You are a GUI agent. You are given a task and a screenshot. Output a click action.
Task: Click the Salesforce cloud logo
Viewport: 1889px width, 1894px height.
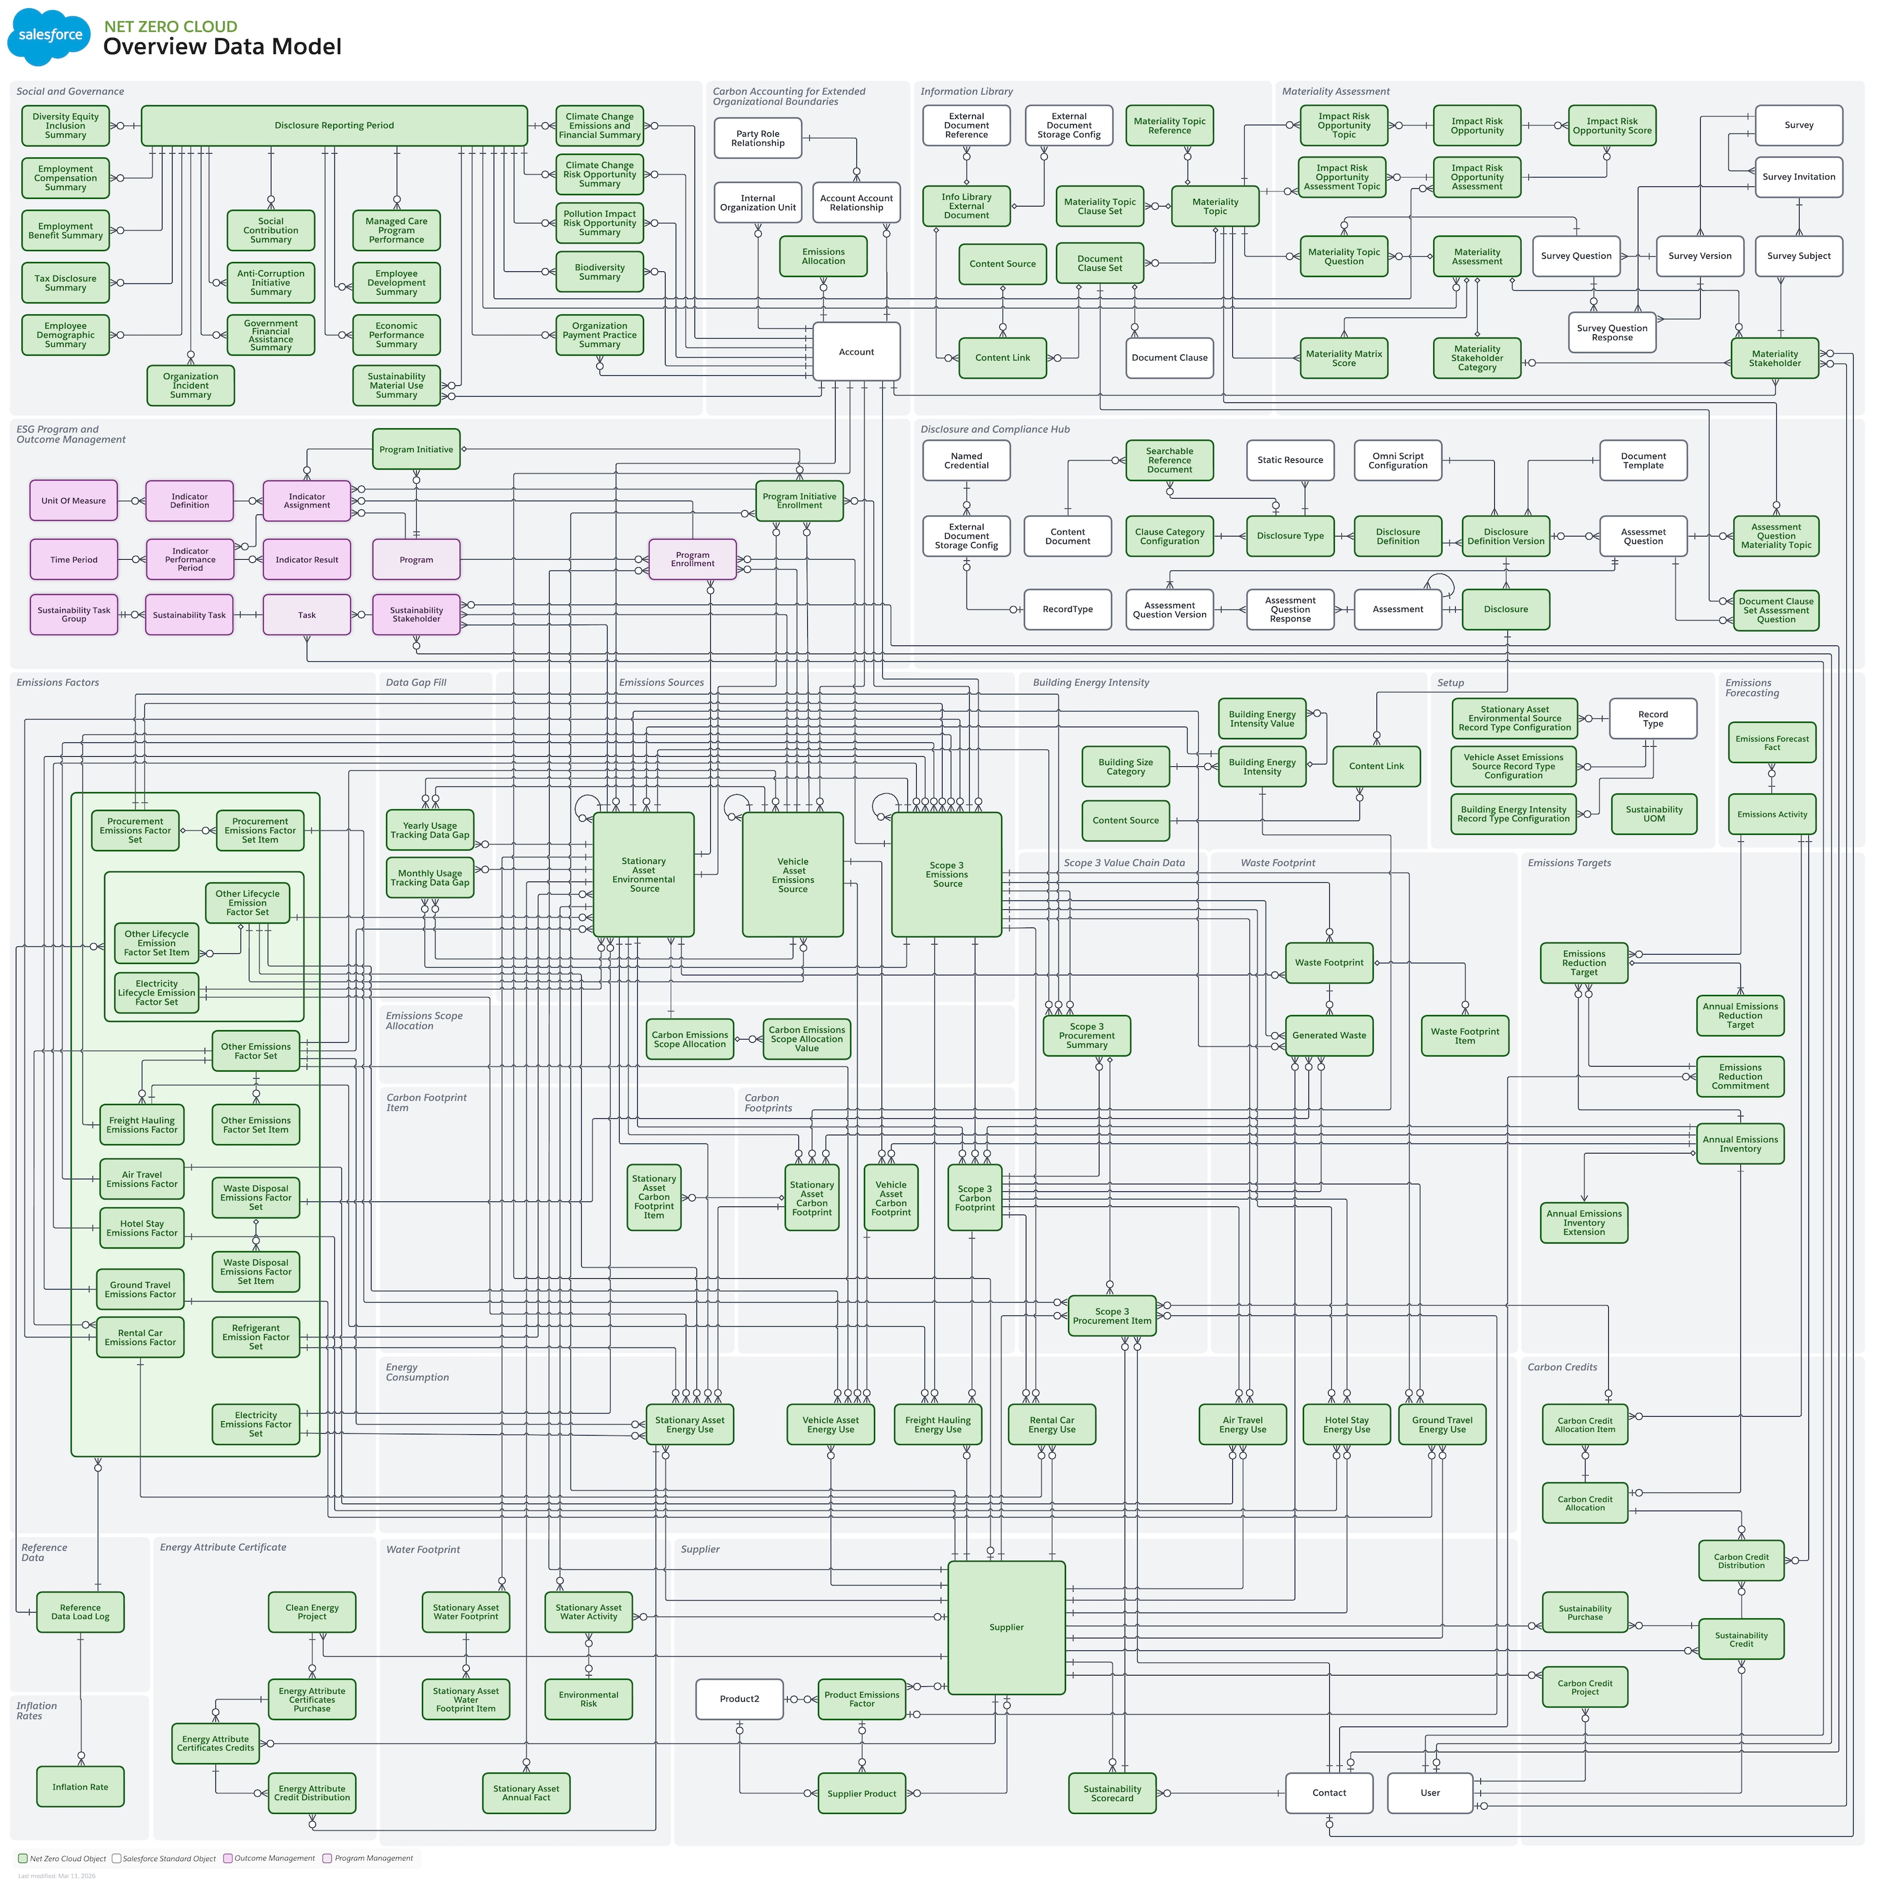(x=49, y=37)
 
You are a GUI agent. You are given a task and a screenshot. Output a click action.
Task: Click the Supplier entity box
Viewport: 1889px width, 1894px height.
(x=1006, y=1628)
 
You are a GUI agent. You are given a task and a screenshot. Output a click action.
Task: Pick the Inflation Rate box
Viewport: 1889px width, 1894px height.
(x=81, y=1787)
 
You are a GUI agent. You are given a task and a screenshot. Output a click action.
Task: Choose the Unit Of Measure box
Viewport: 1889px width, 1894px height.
(x=74, y=501)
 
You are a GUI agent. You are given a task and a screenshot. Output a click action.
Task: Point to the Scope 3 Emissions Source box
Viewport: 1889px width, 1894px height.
(x=946, y=875)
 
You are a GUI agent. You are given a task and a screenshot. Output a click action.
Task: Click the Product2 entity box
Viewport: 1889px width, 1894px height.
(x=739, y=1699)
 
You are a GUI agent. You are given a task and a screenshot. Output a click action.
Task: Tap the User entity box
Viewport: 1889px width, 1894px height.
(x=1429, y=1793)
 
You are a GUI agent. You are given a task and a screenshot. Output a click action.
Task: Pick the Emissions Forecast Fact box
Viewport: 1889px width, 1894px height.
(x=1771, y=743)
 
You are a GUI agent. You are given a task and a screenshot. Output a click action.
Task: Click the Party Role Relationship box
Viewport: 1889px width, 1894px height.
(x=757, y=139)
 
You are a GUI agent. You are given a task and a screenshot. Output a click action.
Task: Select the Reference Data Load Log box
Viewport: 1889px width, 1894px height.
(x=81, y=1613)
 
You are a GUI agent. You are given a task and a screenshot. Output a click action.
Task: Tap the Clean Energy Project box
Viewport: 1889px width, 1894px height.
(x=312, y=1613)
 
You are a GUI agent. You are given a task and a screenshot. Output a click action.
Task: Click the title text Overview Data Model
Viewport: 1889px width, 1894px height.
(x=222, y=47)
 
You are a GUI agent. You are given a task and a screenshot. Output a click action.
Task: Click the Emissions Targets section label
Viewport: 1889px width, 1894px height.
(x=1568, y=863)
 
